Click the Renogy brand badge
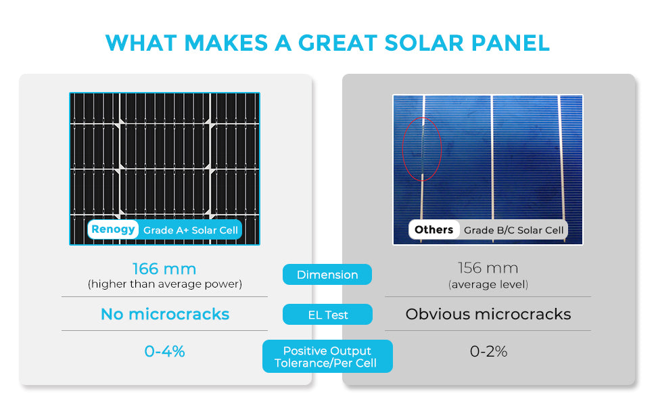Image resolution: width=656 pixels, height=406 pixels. click(x=113, y=229)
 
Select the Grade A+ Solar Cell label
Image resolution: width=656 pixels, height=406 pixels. click(x=191, y=230)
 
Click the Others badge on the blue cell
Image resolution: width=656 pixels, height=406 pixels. click(x=434, y=229)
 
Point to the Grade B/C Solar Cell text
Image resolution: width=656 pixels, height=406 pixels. click(x=513, y=230)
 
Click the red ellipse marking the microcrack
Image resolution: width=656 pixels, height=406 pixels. click(x=421, y=149)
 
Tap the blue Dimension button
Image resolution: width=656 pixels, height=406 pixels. click(x=327, y=275)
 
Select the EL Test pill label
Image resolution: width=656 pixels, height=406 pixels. click(x=327, y=315)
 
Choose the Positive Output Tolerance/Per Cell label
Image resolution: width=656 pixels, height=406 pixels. click(x=327, y=357)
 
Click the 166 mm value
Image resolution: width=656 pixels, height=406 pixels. click(x=164, y=269)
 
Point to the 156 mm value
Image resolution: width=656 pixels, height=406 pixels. click(x=488, y=269)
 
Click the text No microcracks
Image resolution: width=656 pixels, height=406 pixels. click(x=164, y=314)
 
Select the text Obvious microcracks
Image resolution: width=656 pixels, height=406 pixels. click(x=488, y=314)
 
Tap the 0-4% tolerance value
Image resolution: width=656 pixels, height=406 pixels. click(x=164, y=351)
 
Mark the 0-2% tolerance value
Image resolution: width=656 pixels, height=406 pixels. click(x=488, y=351)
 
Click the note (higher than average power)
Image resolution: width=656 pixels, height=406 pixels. click(x=164, y=284)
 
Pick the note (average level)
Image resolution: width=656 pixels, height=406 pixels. click(x=488, y=285)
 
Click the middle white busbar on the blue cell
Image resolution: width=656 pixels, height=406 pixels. click(x=492, y=156)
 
